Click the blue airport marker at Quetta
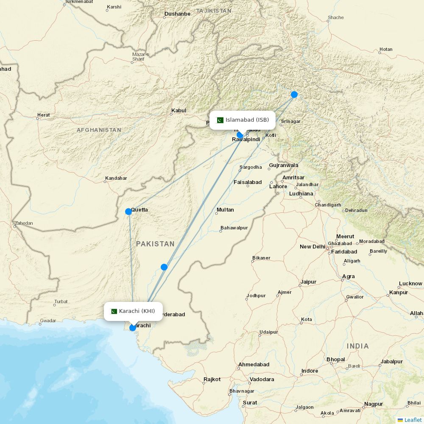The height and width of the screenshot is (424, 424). [128, 212]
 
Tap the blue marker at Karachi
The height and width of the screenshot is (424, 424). [133, 327]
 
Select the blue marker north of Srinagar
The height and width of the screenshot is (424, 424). [294, 95]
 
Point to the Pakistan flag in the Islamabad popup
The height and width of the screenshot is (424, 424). [220, 120]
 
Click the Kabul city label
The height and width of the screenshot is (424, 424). [179, 111]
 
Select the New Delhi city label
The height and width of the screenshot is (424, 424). [312, 247]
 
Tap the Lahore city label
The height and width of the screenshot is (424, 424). [278, 186]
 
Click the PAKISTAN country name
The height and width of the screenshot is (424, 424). [155, 244]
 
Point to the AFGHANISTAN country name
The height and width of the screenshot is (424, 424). [99, 130]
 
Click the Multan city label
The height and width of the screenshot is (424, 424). [225, 210]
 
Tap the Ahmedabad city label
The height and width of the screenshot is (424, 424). [254, 365]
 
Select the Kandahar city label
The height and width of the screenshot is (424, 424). [116, 178]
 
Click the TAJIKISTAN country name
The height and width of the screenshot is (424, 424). [214, 11]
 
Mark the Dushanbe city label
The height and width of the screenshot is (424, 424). [177, 14]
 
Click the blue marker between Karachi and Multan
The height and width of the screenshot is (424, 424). [164, 267]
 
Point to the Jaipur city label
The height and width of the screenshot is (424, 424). [308, 282]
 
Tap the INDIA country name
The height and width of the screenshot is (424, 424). [358, 346]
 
